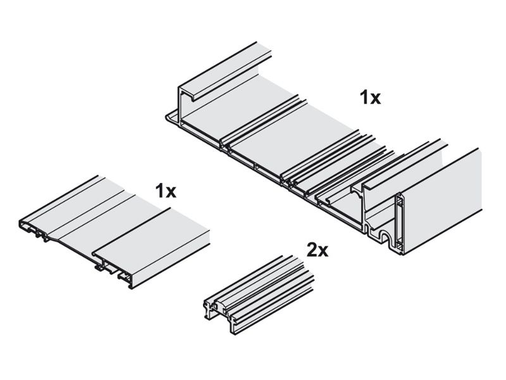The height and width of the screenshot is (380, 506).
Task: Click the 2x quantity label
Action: [x=318, y=250]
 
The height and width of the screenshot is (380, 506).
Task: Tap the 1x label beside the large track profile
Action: [x=371, y=98]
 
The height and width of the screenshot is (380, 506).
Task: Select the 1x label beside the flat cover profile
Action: [x=166, y=191]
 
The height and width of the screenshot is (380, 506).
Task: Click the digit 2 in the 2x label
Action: [x=312, y=250]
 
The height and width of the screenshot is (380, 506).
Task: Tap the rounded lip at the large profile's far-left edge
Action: [x=171, y=117]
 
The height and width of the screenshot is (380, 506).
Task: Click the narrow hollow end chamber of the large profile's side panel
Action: [x=400, y=223]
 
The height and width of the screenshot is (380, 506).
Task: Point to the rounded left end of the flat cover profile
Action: [x=22, y=224]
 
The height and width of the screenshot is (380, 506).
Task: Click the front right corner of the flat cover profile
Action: [x=132, y=287]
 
